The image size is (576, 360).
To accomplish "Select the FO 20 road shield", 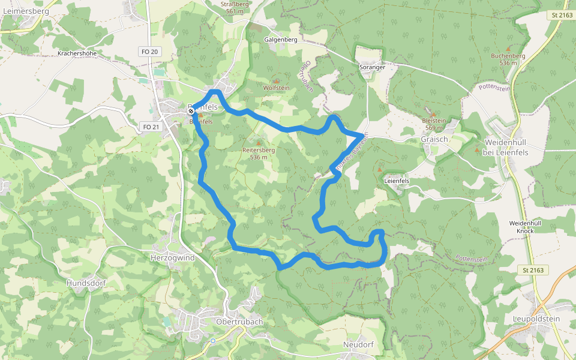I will click(149, 52).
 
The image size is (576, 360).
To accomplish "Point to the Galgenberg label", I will click(280, 40).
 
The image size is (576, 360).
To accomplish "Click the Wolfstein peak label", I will click(276, 88).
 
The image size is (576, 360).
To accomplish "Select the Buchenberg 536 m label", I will click(508, 59).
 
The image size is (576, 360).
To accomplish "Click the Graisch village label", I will click(435, 139).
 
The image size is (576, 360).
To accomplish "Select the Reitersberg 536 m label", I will click(258, 153).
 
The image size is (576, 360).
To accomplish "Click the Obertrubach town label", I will click(239, 322).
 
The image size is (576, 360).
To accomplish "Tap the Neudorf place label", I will click(358, 345).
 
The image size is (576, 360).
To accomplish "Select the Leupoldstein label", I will click(536, 319).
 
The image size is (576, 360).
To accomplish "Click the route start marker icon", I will click(191, 111).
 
